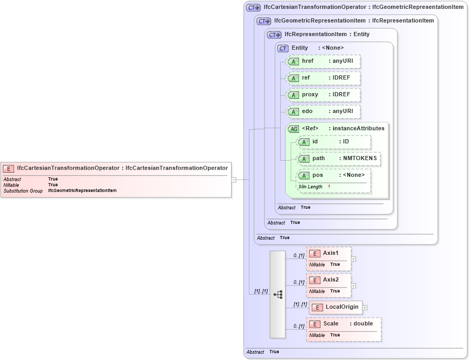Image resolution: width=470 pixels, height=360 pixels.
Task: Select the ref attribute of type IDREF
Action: [x=324, y=78]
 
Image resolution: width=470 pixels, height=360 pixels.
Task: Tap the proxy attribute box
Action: [x=324, y=95]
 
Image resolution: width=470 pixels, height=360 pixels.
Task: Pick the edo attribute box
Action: [x=324, y=111]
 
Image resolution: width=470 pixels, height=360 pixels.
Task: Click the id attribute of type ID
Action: [x=334, y=142]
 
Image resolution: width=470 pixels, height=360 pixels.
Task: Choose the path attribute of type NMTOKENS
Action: [x=338, y=159]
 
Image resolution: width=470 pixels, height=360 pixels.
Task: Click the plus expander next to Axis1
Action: [x=354, y=258]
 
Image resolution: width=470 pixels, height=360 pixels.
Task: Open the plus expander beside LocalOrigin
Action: [x=365, y=308]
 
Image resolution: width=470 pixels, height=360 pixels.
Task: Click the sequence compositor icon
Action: [x=278, y=294]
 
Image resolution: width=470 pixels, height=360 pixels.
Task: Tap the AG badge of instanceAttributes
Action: [x=294, y=129]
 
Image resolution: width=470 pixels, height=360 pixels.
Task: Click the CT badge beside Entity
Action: [x=283, y=48]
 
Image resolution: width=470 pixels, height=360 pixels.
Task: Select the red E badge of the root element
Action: [x=8, y=168]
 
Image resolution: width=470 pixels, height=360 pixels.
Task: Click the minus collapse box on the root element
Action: [x=234, y=179]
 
